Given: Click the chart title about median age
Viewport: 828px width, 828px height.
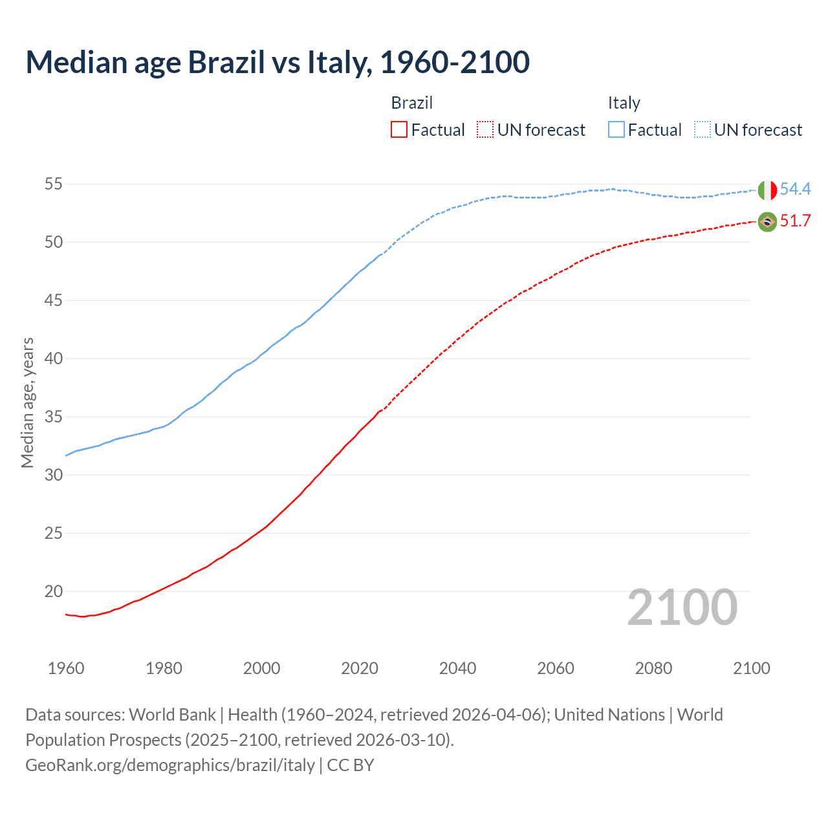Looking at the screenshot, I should [278, 63].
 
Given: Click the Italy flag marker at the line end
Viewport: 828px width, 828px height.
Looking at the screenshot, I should [767, 190].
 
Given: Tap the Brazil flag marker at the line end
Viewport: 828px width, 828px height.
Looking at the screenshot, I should [767, 222].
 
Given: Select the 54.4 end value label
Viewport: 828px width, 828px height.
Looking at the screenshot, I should [795, 190].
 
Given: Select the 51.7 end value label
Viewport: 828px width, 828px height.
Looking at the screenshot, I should [795, 221].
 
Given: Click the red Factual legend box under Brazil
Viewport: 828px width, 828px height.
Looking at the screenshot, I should [399, 130].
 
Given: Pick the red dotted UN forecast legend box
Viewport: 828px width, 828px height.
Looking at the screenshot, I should [485, 130].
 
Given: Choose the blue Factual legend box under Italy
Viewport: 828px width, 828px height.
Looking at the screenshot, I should [616, 130].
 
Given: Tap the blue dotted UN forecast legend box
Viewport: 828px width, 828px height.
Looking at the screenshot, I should [703, 130].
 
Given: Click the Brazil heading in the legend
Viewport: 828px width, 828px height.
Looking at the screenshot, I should [411, 103].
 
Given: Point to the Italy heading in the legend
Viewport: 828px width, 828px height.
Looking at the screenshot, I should [624, 103].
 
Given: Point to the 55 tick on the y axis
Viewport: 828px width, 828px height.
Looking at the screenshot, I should [53, 184].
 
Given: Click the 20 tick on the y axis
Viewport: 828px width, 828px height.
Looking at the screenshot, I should [53, 591].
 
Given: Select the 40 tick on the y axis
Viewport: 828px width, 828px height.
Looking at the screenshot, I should [53, 358].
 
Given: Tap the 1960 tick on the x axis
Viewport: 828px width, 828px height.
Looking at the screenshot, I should [66, 668].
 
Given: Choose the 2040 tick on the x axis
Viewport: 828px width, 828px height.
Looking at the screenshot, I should [457, 668].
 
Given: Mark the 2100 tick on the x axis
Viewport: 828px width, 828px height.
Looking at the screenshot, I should [751, 668].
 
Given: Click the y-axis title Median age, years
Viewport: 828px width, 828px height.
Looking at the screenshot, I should [27, 402].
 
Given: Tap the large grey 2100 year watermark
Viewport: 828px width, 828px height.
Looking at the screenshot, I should [682, 607].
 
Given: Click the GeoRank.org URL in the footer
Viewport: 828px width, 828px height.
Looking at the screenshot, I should [170, 765].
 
